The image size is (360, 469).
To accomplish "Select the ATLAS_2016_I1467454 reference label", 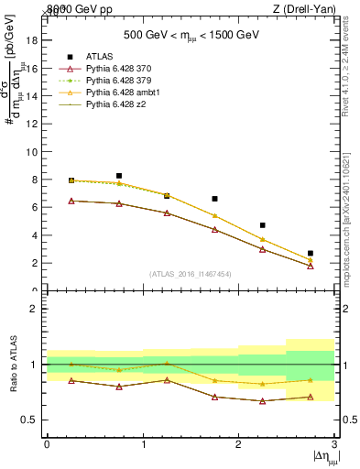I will (x=191, y=273).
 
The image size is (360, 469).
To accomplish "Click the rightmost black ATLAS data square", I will (x=311, y=253).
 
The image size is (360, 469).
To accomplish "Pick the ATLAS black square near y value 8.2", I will (x=119, y=176).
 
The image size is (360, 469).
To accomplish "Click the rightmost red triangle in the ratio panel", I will (x=311, y=397).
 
